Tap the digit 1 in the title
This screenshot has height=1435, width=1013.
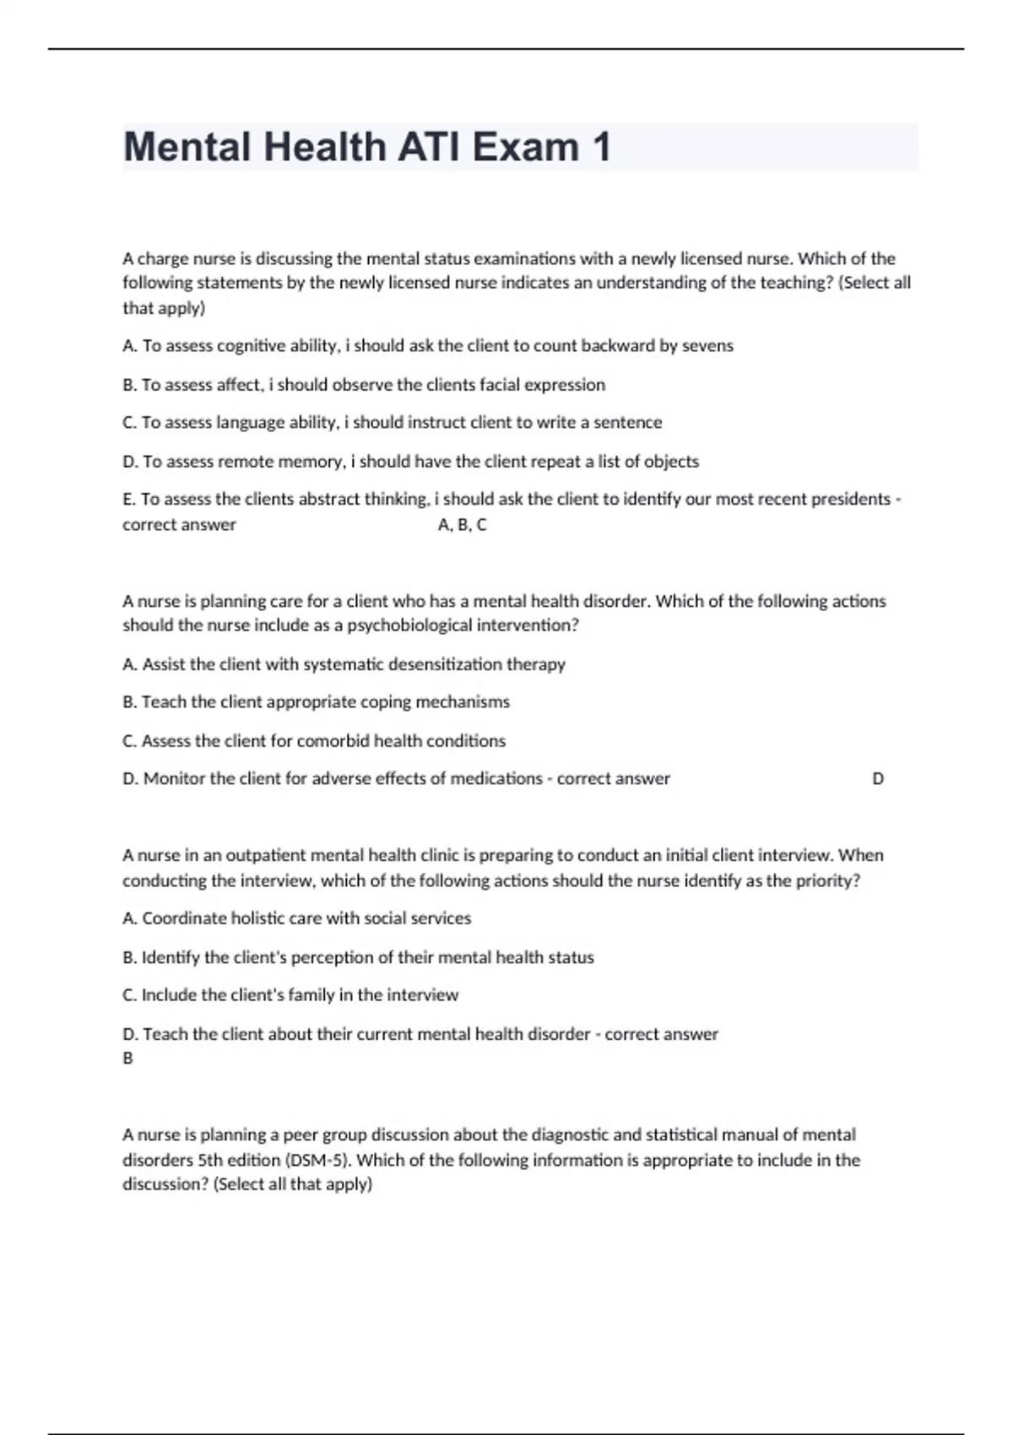click(601, 148)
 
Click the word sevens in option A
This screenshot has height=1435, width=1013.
click(707, 346)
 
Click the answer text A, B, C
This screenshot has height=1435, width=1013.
click(463, 525)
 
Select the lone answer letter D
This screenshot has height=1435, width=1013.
click(878, 779)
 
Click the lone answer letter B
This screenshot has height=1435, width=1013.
click(128, 1059)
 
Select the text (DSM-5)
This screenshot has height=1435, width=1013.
click(319, 1160)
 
